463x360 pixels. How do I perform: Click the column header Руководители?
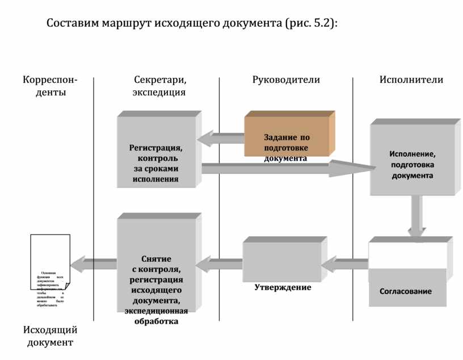click(286, 79)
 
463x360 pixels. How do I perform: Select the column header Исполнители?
click(411, 79)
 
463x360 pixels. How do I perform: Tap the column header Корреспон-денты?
click(50, 86)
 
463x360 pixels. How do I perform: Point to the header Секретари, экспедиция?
click(159, 86)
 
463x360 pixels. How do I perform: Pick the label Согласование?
click(405, 291)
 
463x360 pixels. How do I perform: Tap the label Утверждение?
click(283, 287)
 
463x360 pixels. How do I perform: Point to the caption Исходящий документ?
click(50, 336)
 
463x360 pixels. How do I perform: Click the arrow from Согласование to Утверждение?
click(348, 263)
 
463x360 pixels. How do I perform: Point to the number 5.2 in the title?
click(321, 24)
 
